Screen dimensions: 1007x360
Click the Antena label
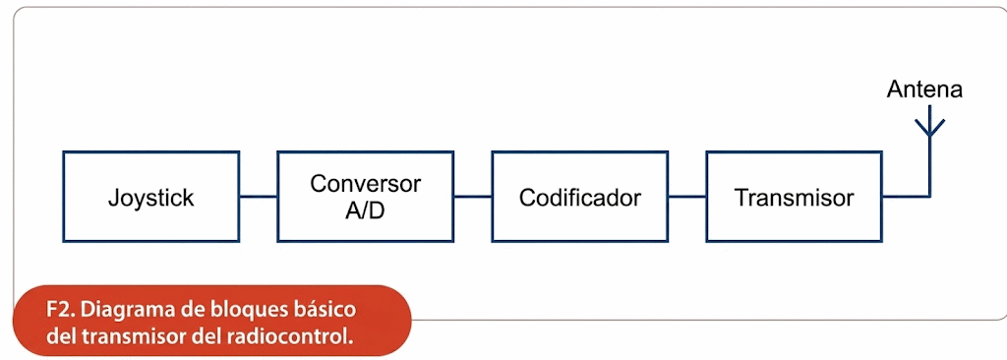[924, 90]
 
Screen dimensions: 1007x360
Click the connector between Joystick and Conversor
[259, 196]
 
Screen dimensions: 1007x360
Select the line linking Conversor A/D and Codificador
[473, 196]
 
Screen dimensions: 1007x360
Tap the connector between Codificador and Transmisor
[687, 196]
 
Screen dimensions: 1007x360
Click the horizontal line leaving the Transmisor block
[906, 196]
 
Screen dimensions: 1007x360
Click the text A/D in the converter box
[365, 210]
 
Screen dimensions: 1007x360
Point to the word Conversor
[366, 183]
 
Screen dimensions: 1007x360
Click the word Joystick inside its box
[150, 198]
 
